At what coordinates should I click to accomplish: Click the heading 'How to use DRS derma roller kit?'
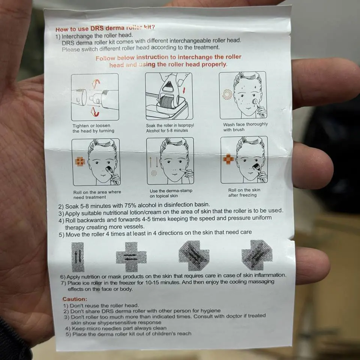pos(105,28)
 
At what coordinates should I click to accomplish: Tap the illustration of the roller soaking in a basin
pos(169,96)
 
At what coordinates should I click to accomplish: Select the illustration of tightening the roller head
pos(95,97)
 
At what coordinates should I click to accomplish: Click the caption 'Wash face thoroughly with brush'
pos(245,127)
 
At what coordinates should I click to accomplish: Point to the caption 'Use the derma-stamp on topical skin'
pos(171,193)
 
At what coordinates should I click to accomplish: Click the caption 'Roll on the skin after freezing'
pos(244,193)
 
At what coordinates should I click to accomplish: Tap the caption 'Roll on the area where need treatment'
pos(97,195)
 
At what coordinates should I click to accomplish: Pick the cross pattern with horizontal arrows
pos(131,257)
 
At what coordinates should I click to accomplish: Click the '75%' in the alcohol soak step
pos(132,205)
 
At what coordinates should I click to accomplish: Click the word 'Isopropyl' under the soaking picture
pos(186,125)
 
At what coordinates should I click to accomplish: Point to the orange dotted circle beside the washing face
pos(227,94)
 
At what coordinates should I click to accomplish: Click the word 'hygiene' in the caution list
pos(210,311)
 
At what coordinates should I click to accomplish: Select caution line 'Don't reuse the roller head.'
pos(101,306)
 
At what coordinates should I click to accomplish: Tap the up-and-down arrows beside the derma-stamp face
pos(154,162)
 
